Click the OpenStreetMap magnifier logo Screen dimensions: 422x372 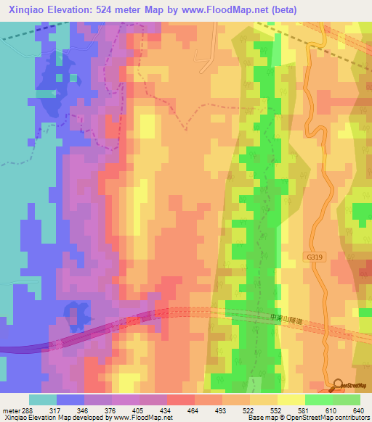pyautogui.click(x=338, y=386)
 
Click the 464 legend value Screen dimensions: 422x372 pyautogui.click(x=174, y=410)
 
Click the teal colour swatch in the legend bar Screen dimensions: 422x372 pyautogui.click(x=42, y=400)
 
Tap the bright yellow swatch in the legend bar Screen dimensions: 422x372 pyautogui.click(x=291, y=400)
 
